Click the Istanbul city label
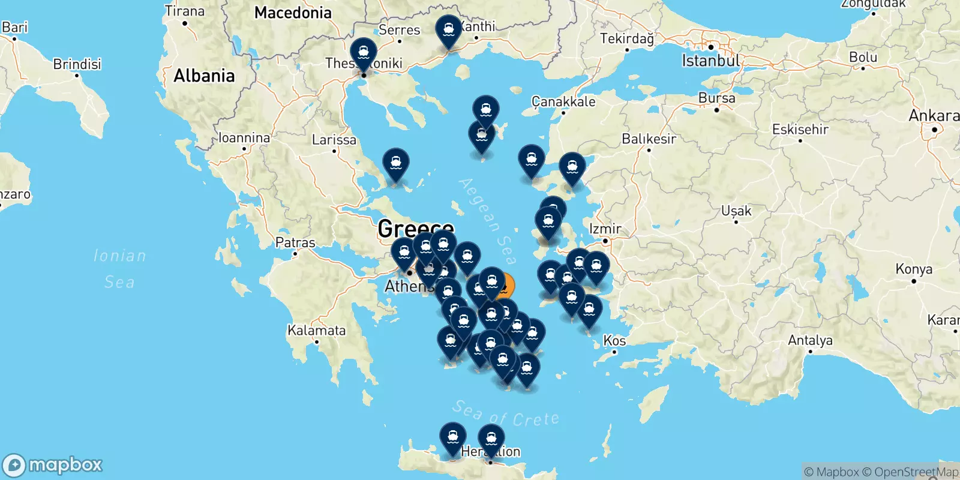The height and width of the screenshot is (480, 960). pos(710,61)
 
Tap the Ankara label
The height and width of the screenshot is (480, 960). pos(934,115)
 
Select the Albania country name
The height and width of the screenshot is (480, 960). pos(204,76)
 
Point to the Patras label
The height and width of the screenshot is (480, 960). pos(295,243)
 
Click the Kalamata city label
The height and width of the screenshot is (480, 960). pos(316,331)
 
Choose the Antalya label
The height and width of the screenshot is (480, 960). pos(810,341)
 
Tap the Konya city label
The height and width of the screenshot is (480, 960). pos(914,269)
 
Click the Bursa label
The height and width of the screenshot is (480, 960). pos(716,98)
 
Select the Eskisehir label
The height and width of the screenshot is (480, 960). pos(800,130)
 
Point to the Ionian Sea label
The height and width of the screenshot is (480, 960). pos(119,269)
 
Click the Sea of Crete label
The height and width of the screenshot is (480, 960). pos(505,415)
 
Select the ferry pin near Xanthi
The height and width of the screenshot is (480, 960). pos(449,30)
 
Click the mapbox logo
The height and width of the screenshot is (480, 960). pos(53,465)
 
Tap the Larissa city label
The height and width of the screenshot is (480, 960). pos(334,140)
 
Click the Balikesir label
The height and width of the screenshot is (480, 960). pos(649,139)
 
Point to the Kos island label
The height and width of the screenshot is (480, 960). pos(614,341)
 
